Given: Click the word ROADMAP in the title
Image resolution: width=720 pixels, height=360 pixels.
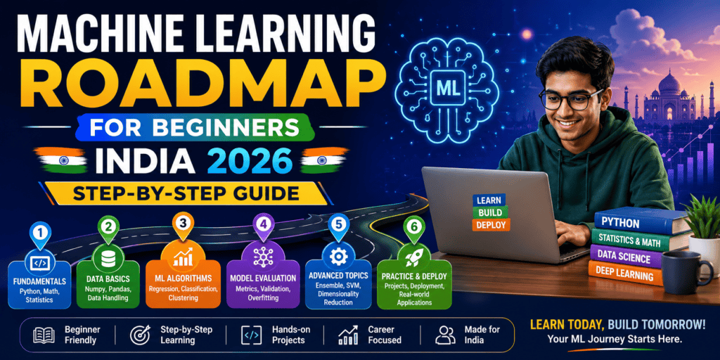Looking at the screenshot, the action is click(193, 82).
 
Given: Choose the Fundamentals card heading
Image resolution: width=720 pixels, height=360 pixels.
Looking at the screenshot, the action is click(39, 281).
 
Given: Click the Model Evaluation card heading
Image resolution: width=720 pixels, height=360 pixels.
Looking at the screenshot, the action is click(263, 278).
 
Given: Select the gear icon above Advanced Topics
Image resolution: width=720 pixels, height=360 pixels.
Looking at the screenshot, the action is click(339, 257).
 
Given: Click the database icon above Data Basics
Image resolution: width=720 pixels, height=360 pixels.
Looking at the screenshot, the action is click(108, 259).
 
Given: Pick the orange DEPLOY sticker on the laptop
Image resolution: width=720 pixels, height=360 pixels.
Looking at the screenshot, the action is click(490, 224).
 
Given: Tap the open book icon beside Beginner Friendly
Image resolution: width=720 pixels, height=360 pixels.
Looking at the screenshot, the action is click(44, 335).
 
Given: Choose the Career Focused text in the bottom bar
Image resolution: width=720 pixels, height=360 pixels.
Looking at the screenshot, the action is click(385, 335).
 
